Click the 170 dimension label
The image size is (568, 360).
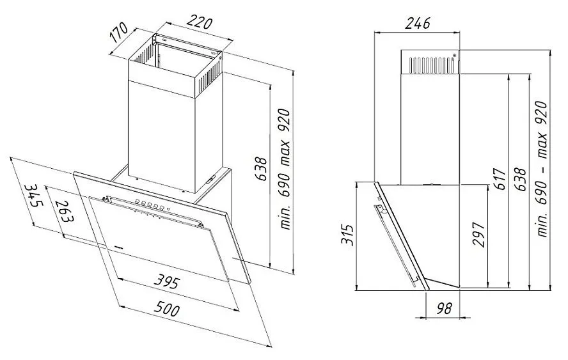(x=119, y=32)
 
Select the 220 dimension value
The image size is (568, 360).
(x=199, y=22)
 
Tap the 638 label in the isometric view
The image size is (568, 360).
(x=261, y=168)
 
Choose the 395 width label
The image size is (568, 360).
(x=167, y=281)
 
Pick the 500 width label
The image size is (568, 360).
(x=167, y=309)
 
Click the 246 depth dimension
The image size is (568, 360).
(x=417, y=23)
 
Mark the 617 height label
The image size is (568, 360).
(x=501, y=178)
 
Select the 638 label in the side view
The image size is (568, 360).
(x=520, y=178)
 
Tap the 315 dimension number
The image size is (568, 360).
(x=347, y=235)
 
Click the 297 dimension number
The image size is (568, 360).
(x=478, y=235)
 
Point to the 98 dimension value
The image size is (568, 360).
(x=444, y=309)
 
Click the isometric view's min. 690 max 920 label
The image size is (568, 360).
(x=285, y=169)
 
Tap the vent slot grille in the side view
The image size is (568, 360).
(x=431, y=65)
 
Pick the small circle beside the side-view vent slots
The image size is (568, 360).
(x=455, y=55)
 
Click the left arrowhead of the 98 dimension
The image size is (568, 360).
(x=420, y=318)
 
